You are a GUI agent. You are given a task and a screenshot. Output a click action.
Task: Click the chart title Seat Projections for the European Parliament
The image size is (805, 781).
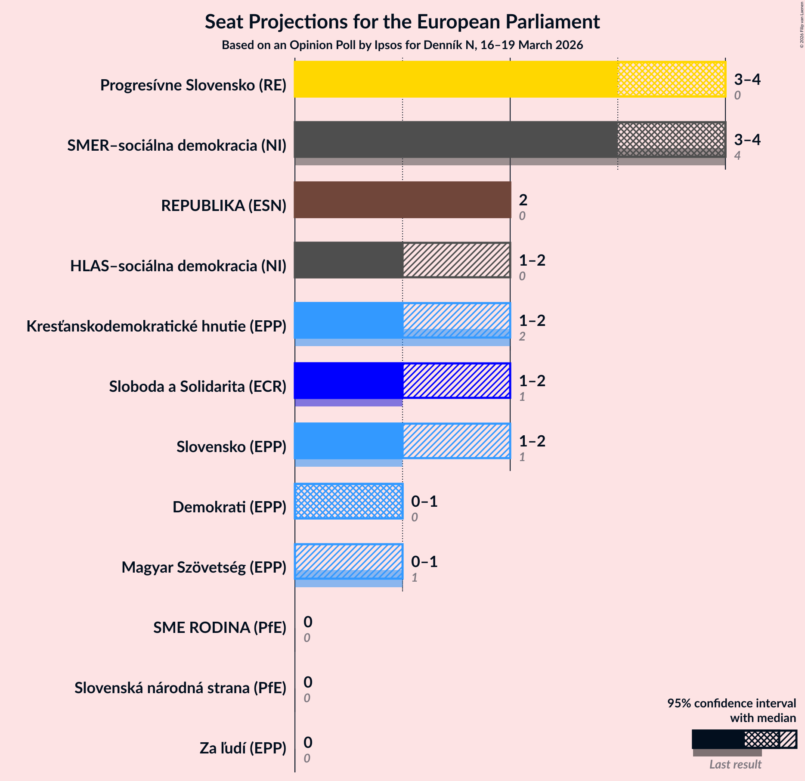point(402,22)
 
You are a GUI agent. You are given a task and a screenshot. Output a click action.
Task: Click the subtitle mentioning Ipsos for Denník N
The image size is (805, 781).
point(402,45)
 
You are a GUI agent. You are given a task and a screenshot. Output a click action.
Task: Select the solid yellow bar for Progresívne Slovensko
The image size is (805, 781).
point(455,79)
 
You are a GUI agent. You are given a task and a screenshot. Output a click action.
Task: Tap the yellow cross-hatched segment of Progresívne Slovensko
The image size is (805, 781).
point(672,79)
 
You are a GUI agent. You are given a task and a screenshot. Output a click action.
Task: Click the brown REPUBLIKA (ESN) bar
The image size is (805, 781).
point(402,200)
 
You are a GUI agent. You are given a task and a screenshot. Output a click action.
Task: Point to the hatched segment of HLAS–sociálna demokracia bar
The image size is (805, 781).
point(456,260)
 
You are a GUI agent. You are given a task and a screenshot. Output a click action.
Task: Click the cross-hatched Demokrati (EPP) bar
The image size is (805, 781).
point(349,501)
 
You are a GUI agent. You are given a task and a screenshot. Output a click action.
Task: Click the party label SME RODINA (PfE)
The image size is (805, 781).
point(220,628)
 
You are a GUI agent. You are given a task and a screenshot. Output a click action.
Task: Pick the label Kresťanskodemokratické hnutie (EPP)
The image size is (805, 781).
point(156,326)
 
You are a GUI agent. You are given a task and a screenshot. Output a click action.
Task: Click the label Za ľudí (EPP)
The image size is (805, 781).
point(243,748)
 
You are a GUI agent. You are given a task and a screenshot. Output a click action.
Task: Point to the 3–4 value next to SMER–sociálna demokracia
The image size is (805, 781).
point(747,139)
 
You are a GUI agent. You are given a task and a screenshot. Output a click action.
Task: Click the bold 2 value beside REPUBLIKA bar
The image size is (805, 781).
point(523,200)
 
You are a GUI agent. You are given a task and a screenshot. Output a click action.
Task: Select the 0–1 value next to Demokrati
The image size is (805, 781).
point(424,501)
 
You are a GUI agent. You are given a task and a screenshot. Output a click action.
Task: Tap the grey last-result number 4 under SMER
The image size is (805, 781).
point(737,155)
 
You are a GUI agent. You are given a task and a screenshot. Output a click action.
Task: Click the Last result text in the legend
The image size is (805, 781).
point(735,764)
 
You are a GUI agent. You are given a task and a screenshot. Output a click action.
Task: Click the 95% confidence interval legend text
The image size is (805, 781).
point(731,704)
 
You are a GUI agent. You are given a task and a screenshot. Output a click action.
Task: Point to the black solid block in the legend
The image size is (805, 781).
point(718,739)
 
